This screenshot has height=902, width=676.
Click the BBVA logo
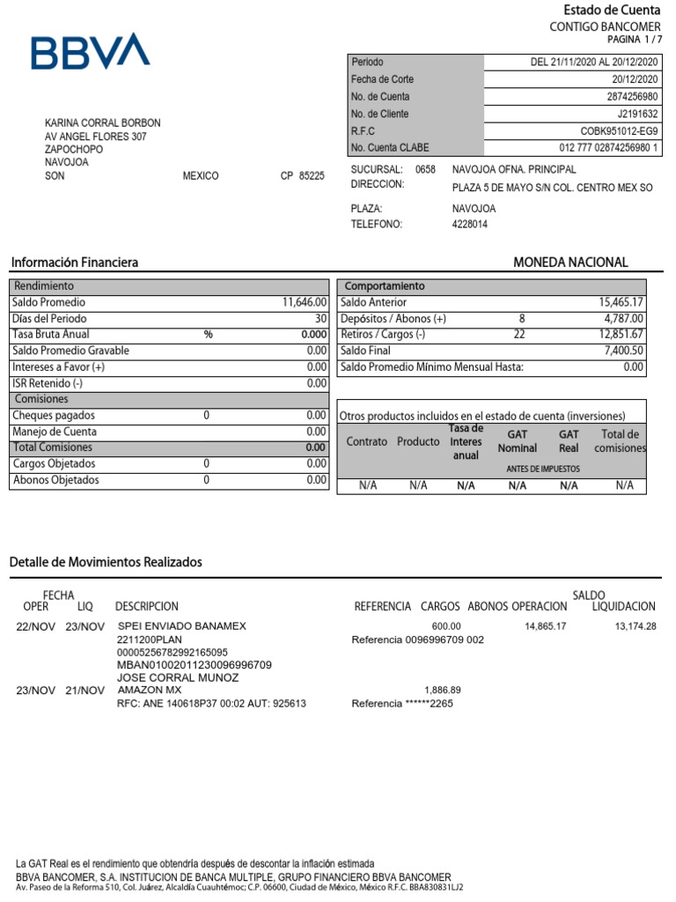tap(91, 52)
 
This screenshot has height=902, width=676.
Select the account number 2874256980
tap(632, 97)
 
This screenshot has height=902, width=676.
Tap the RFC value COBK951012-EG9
tap(621, 131)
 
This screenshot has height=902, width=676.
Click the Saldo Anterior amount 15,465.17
tap(621, 302)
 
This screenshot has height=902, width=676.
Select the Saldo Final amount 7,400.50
tap(624, 351)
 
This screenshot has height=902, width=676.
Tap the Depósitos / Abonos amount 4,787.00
tap(624, 319)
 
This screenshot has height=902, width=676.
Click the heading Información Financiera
tap(74, 262)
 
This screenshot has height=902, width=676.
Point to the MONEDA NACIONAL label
tap(570, 262)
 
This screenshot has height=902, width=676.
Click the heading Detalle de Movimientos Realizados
tap(106, 562)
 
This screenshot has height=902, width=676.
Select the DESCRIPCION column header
tap(146, 607)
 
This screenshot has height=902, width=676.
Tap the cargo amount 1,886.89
tap(443, 690)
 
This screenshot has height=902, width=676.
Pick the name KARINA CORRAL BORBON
tap(103, 123)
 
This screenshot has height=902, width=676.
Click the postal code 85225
tap(312, 176)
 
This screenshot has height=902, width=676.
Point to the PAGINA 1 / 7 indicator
tap(634, 41)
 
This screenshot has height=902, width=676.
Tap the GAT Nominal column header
tap(517, 441)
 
